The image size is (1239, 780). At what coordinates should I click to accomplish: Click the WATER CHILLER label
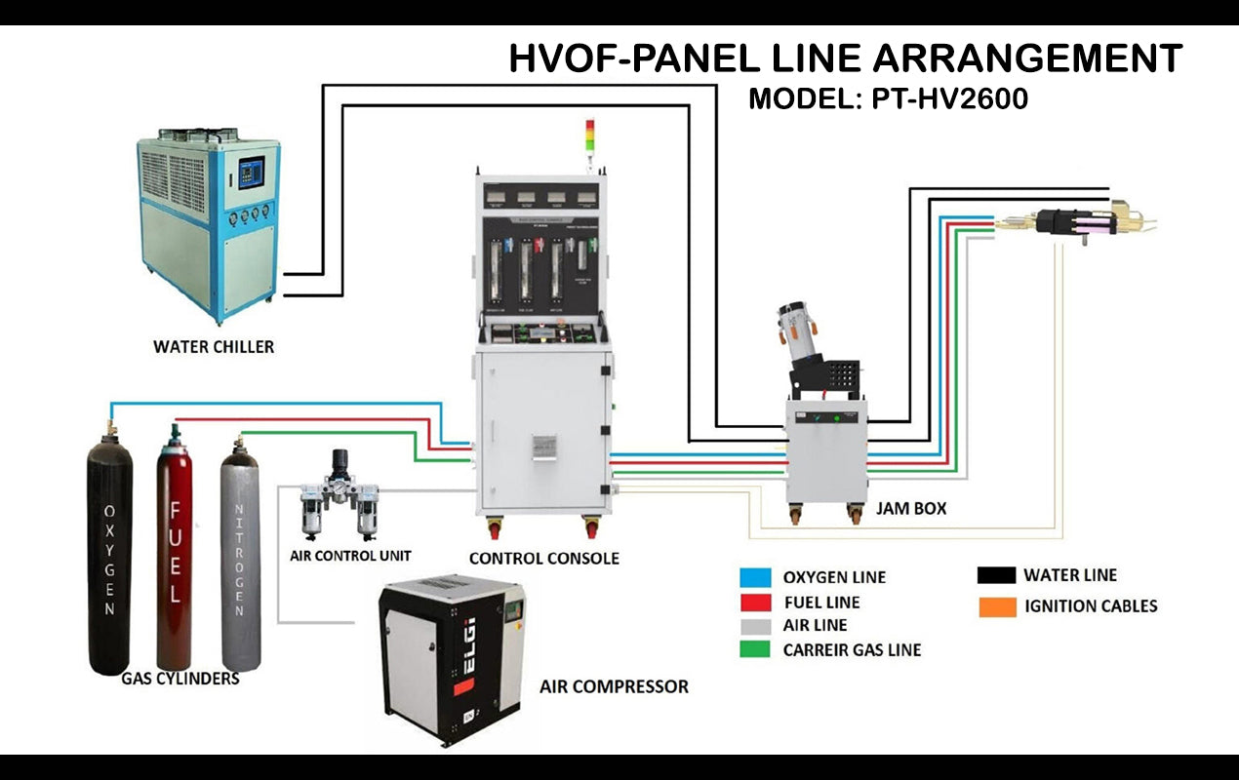tap(214, 346)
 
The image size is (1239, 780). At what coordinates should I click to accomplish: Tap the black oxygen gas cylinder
tap(109, 556)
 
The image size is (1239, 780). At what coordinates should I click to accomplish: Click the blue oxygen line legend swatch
tap(755, 577)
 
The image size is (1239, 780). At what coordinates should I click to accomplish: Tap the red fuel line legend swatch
tap(755, 602)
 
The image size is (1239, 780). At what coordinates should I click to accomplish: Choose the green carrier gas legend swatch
tap(755, 649)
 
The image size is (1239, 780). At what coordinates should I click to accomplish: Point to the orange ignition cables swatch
tap(991, 606)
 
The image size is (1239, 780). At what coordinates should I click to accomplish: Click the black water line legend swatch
tap(991, 575)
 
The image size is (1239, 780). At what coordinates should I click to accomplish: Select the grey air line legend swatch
tap(755, 625)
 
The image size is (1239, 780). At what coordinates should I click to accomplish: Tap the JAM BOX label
tap(911, 509)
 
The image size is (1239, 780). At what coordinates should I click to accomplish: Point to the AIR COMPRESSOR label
tap(614, 686)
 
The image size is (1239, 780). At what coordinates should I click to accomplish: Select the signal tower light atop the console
tap(588, 136)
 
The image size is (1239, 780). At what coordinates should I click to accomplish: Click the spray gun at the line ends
tap(1083, 221)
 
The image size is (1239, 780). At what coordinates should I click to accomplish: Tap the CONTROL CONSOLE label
tap(543, 559)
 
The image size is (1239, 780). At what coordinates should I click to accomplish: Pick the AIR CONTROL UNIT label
tap(350, 556)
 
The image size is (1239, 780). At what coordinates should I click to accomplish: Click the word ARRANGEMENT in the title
tap(1027, 59)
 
